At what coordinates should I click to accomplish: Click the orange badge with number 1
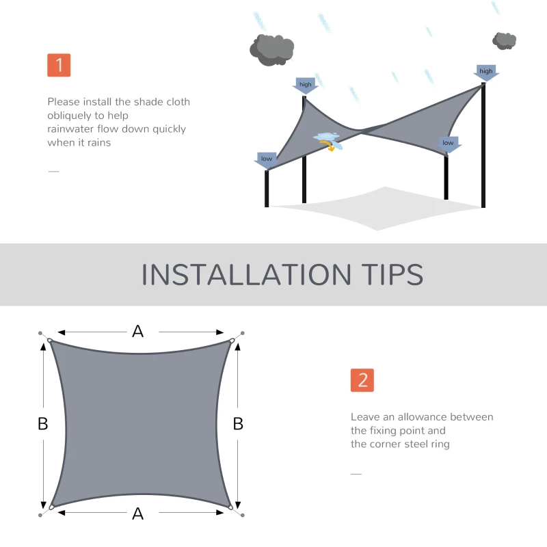coord(59,65)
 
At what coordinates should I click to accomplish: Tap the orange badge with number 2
coord(362,380)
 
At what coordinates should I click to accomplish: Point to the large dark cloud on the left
coord(271,49)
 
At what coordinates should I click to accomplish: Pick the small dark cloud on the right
coord(504,40)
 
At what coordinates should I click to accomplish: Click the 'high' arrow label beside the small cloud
coord(486,72)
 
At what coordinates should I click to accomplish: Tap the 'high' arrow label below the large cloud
coord(305,85)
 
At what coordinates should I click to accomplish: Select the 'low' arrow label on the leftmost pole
coord(266,159)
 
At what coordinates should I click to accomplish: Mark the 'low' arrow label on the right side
coord(448,144)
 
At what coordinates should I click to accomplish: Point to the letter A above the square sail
coord(138,332)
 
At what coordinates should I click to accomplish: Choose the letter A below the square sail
coord(138,513)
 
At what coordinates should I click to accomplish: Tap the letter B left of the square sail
coord(42,424)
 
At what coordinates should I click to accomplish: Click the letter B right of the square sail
coord(238,424)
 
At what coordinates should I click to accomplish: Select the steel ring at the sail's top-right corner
coord(232,341)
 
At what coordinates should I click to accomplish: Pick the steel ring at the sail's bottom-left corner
coord(51,507)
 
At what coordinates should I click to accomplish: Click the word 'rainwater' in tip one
coord(70,129)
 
